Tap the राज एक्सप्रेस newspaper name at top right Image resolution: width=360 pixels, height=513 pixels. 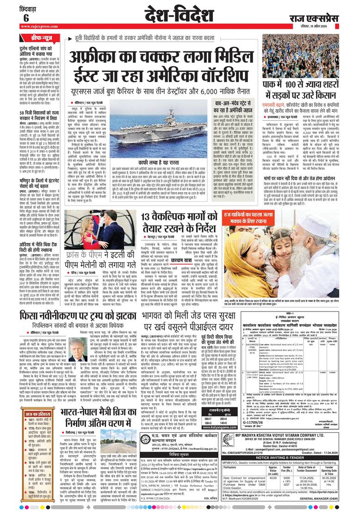323,19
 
